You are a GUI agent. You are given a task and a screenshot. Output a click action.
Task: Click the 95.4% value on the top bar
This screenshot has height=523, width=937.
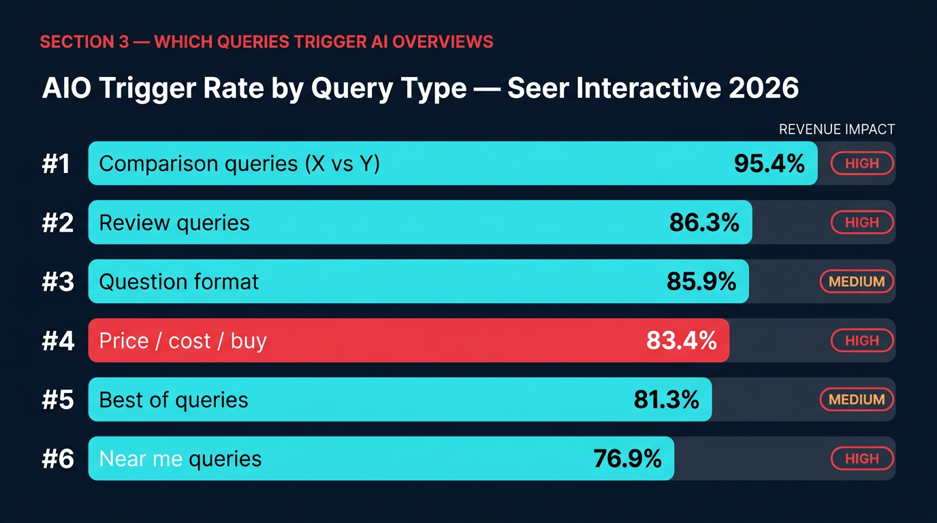[769, 163]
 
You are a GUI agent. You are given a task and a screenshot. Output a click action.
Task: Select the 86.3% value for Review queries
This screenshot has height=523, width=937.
[704, 223]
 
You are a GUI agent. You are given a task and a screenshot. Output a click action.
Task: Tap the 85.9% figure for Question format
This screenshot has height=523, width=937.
[701, 281]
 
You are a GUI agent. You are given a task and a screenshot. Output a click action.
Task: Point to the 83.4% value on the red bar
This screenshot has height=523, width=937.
[682, 340]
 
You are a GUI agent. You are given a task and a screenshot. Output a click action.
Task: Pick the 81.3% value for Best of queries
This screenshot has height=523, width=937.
[666, 400]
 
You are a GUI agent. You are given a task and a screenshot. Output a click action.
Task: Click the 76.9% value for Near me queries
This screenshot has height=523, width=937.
[627, 459]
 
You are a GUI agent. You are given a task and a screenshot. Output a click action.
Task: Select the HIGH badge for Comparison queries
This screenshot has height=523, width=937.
[862, 163]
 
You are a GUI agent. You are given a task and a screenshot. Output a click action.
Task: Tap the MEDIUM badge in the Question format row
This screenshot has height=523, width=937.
[857, 281]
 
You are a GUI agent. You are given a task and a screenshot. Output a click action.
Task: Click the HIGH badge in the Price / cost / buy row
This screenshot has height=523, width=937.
[862, 340]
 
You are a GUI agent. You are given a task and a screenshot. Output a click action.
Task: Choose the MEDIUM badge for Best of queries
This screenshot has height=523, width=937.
[857, 400]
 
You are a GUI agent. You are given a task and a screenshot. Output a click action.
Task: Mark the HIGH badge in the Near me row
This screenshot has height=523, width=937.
[862, 459]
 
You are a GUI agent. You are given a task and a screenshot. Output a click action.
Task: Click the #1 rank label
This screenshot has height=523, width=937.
[56, 164]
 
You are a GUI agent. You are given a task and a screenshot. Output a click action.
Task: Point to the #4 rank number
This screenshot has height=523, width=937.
[57, 341]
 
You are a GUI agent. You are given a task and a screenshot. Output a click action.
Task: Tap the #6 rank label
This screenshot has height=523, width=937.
[57, 460]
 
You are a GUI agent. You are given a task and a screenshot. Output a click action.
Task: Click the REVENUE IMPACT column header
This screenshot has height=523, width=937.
[836, 129]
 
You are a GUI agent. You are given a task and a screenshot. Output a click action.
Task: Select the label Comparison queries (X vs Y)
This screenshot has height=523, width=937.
[239, 164]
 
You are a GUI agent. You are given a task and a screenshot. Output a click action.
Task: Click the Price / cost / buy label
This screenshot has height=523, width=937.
[182, 341]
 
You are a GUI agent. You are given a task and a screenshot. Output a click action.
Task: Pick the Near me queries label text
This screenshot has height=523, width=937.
[180, 460]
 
